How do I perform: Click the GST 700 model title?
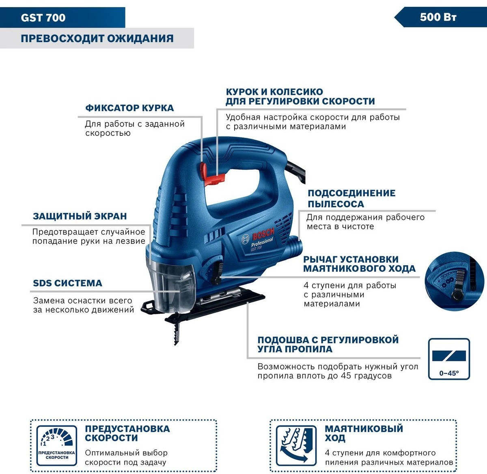click(x=43, y=18)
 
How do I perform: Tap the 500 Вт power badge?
click(x=438, y=17)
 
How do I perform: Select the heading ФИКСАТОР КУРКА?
click(x=129, y=108)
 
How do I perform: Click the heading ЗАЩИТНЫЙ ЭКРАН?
click(x=80, y=216)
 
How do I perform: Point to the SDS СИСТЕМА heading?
click(x=67, y=283)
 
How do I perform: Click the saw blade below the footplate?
click(x=176, y=330)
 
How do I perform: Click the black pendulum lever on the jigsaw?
click(x=217, y=274)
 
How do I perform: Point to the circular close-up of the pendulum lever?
click(x=455, y=281)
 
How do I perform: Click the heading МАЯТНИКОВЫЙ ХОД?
click(x=364, y=433)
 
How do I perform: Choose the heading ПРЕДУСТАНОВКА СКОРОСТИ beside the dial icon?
click(x=127, y=433)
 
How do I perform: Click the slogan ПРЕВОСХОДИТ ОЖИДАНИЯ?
click(x=97, y=39)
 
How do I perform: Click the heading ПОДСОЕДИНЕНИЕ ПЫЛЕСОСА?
click(x=351, y=199)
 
